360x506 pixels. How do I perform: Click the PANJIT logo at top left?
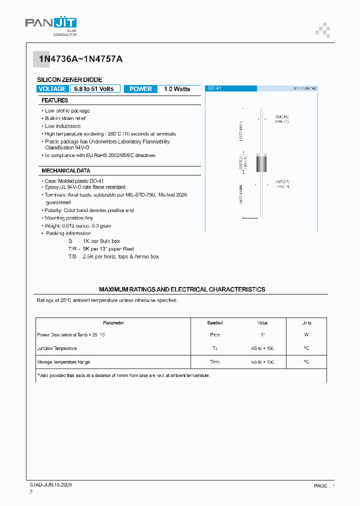pyautogui.click(x=51, y=24)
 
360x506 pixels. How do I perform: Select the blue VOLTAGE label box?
pyautogui.click(x=52, y=89)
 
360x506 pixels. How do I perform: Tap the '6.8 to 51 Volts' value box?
pyautogui.click(x=94, y=89)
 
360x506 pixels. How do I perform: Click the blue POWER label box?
pyautogui.click(x=140, y=89)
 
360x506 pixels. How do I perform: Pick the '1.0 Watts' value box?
pyautogui.click(x=177, y=89)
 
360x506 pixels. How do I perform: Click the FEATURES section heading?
pyautogui.click(x=54, y=100)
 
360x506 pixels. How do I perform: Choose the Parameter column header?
pyautogui.click(x=113, y=323)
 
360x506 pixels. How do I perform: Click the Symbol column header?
pyautogui.click(x=215, y=323)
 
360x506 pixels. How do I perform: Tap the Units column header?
pyautogui.click(x=306, y=323)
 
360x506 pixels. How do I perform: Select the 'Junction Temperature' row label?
pyautogui.click(x=57, y=348)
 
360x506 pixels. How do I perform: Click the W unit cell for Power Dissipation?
pyautogui.click(x=306, y=335)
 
